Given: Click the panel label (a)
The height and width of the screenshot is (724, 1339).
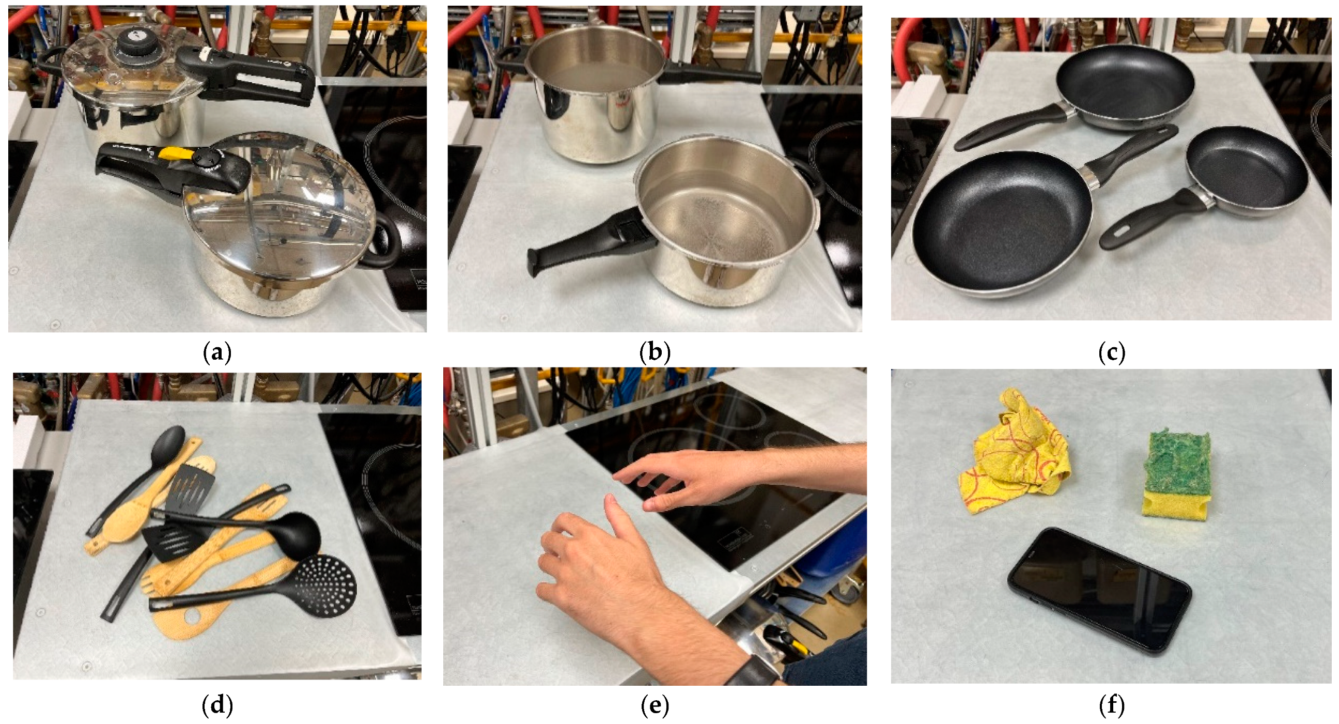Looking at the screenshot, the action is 217,352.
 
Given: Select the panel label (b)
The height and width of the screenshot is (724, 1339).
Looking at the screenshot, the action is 655,352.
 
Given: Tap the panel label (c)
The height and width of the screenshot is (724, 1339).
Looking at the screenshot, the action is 1111,352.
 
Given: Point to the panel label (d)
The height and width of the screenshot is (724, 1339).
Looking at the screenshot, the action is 217,705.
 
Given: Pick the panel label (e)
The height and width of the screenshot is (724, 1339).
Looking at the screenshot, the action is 655,705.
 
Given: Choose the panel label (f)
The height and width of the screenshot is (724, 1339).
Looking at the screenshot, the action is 1111,705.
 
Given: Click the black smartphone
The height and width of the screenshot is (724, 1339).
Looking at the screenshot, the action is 1099,591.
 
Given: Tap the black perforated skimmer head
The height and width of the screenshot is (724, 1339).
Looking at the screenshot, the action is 325,584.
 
